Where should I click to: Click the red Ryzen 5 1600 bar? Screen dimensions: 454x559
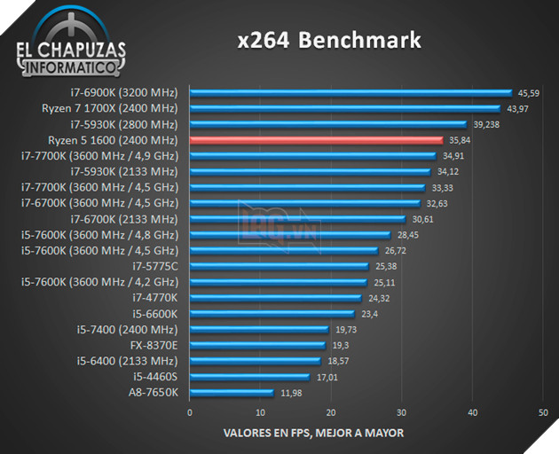[315, 140]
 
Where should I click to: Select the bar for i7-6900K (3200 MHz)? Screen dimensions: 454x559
[350, 92]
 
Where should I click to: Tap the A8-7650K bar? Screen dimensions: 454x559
[232, 392]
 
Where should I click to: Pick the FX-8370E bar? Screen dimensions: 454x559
[257, 345]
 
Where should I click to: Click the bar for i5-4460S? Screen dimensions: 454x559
[249, 377]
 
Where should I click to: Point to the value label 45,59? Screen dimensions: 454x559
[529, 93]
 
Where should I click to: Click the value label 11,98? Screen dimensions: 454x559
[290, 393]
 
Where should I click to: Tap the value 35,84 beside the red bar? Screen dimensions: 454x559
[460, 140]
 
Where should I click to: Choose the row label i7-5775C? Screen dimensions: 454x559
[155, 266]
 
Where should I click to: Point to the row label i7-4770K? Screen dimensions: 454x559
[155, 298]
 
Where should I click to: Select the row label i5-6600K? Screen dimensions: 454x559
[155, 314]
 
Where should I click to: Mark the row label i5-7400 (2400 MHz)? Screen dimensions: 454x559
[128, 330]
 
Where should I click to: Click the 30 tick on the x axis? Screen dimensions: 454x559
[402, 412]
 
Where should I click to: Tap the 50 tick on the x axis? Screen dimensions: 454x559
[543, 412]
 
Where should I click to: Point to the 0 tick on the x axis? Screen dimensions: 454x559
[189, 412]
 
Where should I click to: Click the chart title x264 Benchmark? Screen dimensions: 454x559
[328, 41]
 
